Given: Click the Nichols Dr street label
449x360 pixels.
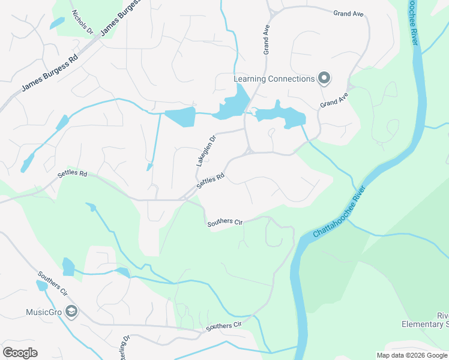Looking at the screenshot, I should click(83, 22).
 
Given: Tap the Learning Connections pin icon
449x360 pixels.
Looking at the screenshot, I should click(324, 79).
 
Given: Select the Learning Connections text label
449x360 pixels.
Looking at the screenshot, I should click(274, 79).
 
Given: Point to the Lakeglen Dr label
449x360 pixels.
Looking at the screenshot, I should click(205, 151).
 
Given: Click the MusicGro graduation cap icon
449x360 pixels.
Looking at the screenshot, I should click(71, 311).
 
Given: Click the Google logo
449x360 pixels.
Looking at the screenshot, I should click(20, 353).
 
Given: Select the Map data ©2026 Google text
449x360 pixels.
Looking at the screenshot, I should click(412, 355).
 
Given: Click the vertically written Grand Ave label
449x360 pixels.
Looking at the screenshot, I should click(265, 40).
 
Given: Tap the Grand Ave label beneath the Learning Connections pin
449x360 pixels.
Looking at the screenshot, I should click(334, 99).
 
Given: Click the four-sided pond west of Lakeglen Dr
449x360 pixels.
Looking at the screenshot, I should click(180, 118).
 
